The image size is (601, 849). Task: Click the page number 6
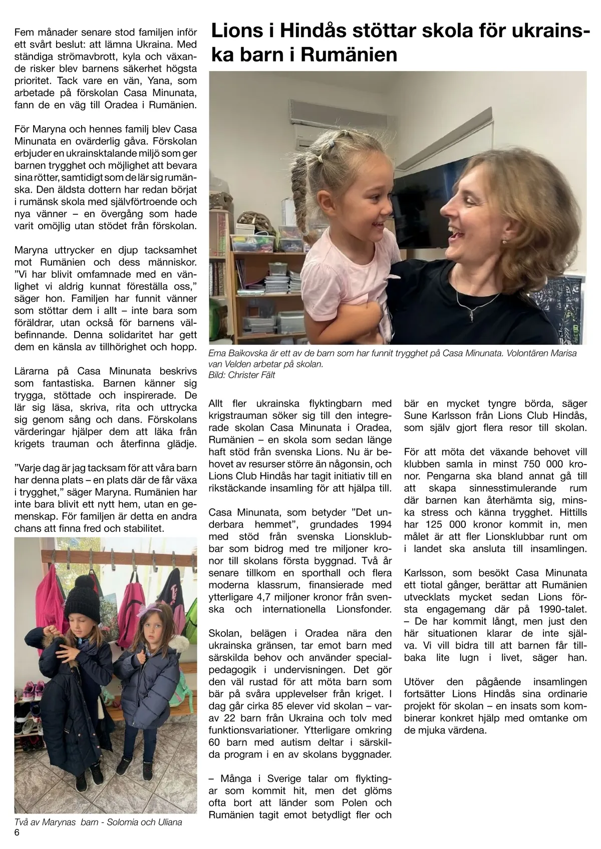(17, 833)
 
